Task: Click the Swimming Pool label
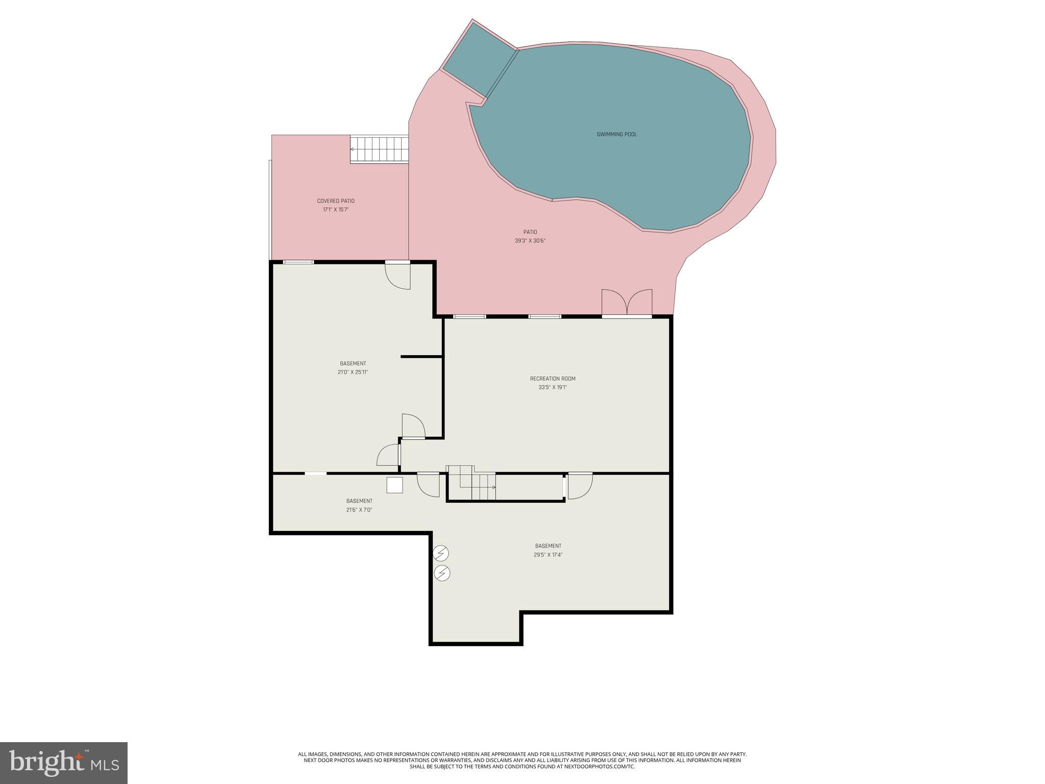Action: pyautogui.click(x=616, y=135)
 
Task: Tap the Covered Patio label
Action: pyautogui.click(x=336, y=201)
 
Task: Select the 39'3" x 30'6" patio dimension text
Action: pyautogui.click(x=530, y=241)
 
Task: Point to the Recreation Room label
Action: pyautogui.click(x=553, y=379)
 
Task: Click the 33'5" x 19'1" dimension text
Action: pyautogui.click(x=553, y=387)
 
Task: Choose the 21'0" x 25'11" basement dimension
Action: pyautogui.click(x=353, y=373)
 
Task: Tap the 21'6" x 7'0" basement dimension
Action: pyautogui.click(x=359, y=510)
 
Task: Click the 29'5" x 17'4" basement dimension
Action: pyautogui.click(x=549, y=555)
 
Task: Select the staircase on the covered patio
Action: pyautogui.click(x=379, y=149)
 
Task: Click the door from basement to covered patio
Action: pyautogui.click(x=398, y=276)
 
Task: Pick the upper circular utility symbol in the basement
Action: pyautogui.click(x=441, y=553)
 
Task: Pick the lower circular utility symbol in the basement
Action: pyautogui.click(x=442, y=573)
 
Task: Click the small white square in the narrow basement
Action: pyautogui.click(x=394, y=485)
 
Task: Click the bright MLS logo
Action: pyautogui.click(x=64, y=763)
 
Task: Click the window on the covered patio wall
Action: pyautogui.click(x=298, y=262)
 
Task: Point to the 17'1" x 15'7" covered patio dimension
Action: pyautogui.click(x=336, y=210)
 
